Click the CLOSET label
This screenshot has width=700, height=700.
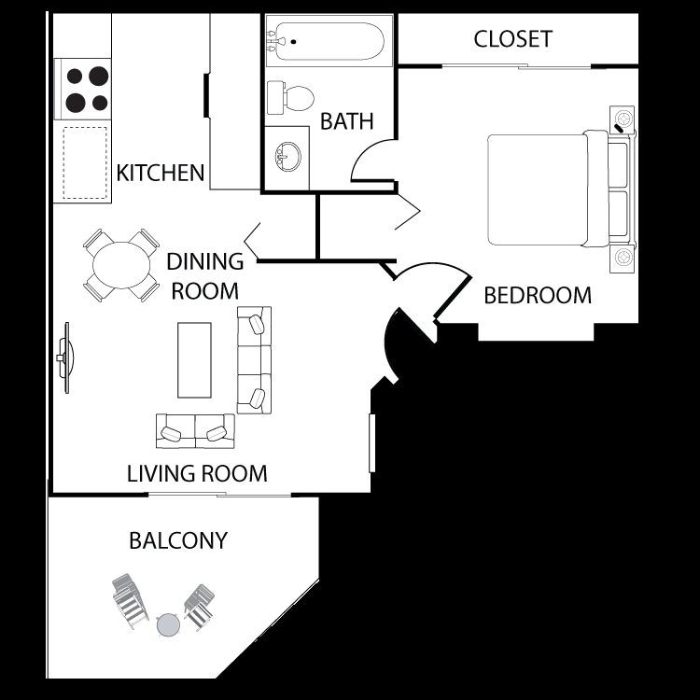[x=512, y=38]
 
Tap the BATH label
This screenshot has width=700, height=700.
[x=346, y=121]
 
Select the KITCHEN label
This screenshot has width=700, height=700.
[x=160, y=173]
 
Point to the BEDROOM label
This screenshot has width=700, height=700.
[x=538, y=296]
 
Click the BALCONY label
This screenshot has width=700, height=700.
[x=178, y=540]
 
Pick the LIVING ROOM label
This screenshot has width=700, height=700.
[x=197, y=474]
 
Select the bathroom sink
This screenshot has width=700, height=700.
[x=287, y=156]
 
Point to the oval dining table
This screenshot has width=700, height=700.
[x=121, y=265]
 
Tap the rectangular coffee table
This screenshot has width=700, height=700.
[x=194, y=359]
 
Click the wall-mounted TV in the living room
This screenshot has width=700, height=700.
[x=65, y=357]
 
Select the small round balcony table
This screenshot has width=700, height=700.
[x=167, y=623]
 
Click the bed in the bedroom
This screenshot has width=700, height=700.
[x=551, y=189]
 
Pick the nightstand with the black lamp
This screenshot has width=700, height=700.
[x=623, y=120]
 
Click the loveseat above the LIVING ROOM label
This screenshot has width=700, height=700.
[x=195, y=430]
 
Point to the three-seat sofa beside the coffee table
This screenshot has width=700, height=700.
[x=254, y=359]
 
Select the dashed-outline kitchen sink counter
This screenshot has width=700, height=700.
[x=86, y=163]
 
